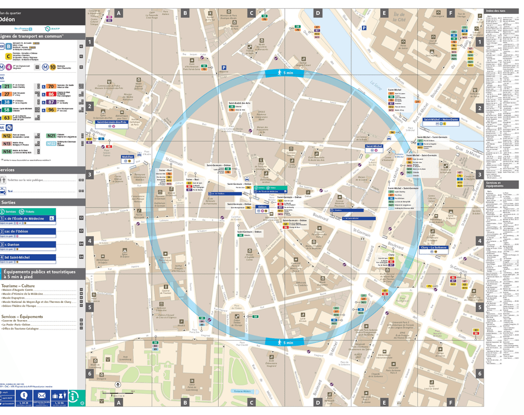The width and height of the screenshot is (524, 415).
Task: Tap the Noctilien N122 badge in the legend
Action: point(51,143)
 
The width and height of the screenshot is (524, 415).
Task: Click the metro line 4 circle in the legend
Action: point(9,67)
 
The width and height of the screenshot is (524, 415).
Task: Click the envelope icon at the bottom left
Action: point(41,396)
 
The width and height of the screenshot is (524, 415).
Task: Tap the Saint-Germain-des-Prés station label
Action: point(111,122)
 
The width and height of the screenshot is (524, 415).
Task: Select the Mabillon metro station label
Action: point(128,157)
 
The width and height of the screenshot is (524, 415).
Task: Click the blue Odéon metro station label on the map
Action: point(262,207)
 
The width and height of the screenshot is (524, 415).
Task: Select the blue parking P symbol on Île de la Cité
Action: point(364,27)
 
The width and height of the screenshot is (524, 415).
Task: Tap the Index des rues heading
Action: point(496,11)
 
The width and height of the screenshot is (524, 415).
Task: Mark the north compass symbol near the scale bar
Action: point(118,384)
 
